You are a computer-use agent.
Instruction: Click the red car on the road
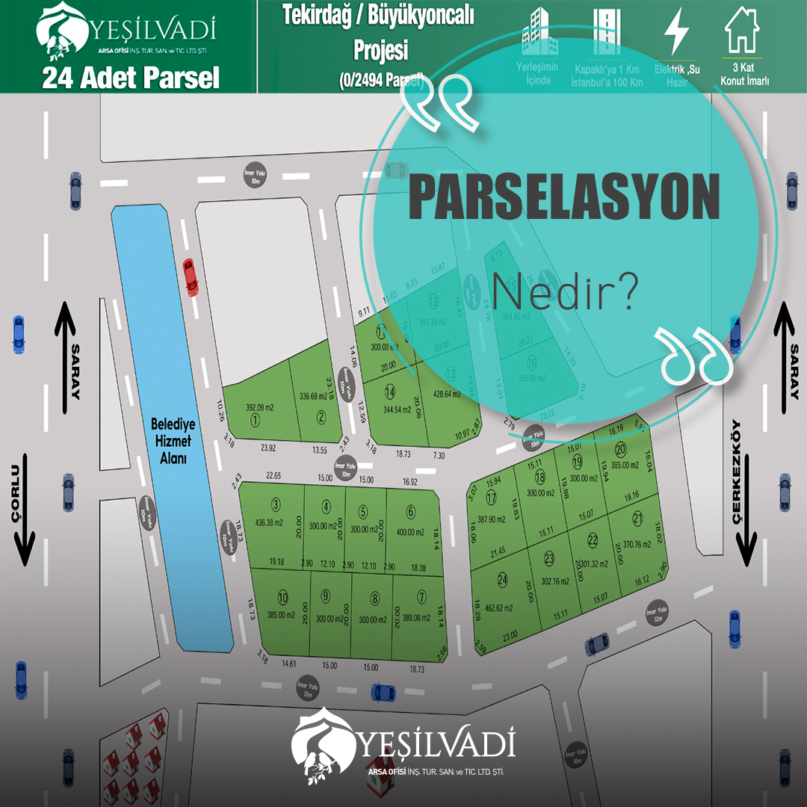pyautogui.click(x=191, y=276)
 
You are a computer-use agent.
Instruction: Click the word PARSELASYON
pyautogui.click(x=564, y=199)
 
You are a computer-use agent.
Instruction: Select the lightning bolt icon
pyautogui.click(x=677, y=31)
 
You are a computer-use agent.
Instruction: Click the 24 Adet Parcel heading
pyautogui.click(x=131, y=78)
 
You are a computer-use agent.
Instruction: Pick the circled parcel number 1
pyautogui.click(x=255, y=421)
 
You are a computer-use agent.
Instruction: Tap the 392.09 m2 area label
pyautogui.click(x=261, y=407)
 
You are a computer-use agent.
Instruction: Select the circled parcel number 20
pyautogui.click(x=620, y=449)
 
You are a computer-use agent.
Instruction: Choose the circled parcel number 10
pyautogui.click(x=282, y=597)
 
